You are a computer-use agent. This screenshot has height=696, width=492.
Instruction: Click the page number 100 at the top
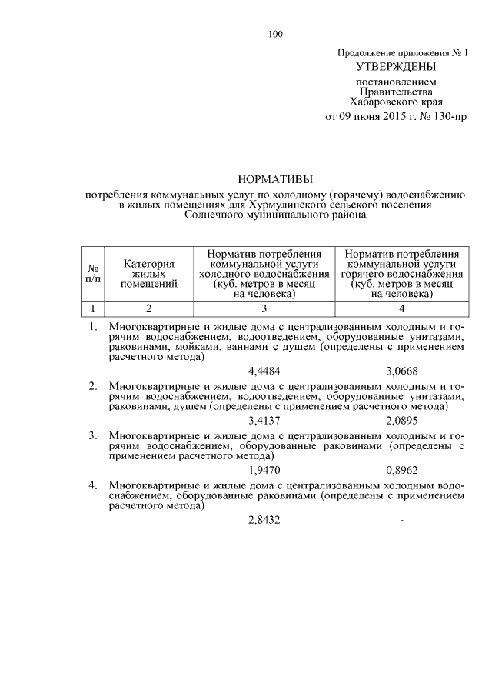pyautogui.click(x=276, y=33)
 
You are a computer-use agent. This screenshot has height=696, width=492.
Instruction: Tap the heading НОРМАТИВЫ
pyautogui.click(x=276, y=178)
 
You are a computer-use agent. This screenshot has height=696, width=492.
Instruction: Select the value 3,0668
pyautogui.click(x=402, y=370)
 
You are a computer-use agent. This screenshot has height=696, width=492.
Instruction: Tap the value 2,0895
pyautogui.click(x=402, y=420)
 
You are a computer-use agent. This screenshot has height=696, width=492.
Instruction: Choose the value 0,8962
pyautogui.click(x=402, y=470)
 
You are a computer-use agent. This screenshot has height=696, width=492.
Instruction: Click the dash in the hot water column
pyautogui.click(x=402, y=521)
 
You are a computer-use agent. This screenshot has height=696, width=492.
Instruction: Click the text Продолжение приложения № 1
pyautogui.click(x=402, y=52)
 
